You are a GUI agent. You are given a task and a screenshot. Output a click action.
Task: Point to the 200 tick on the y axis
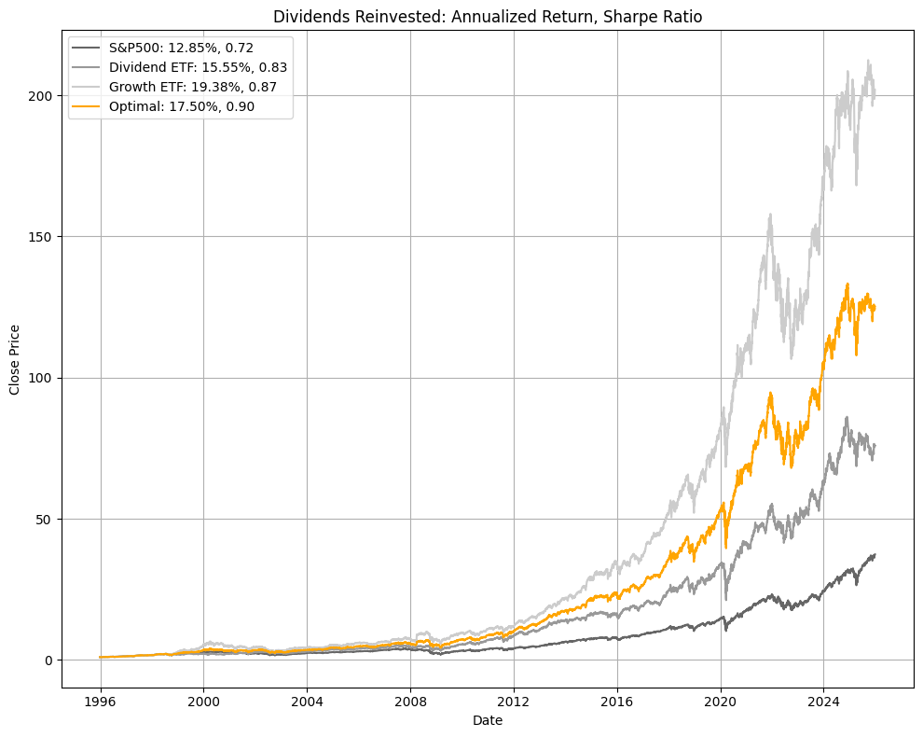(44, 95)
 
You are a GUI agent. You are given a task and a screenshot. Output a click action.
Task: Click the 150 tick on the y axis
(44, 236)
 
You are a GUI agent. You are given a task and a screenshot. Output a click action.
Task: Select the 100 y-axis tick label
(44, 378)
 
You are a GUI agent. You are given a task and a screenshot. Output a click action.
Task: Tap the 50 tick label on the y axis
(48, 519)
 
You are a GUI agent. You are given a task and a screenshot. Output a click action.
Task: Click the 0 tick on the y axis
(51, 660)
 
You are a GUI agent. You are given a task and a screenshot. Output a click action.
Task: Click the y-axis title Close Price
(15, 360)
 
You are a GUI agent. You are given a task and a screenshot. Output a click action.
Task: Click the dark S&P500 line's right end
(875, 554)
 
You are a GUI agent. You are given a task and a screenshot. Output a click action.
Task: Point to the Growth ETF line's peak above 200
(868, 62)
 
